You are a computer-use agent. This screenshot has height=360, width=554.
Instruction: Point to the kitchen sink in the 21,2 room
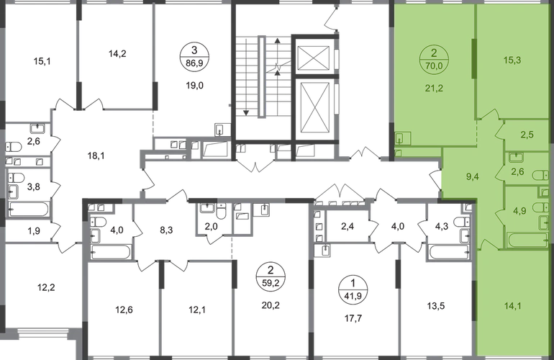click(x=403, y=138)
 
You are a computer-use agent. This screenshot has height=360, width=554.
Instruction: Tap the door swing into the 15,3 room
click(x=491, y=114)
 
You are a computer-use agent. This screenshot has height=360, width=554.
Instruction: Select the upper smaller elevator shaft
click(x=314, y=57)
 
